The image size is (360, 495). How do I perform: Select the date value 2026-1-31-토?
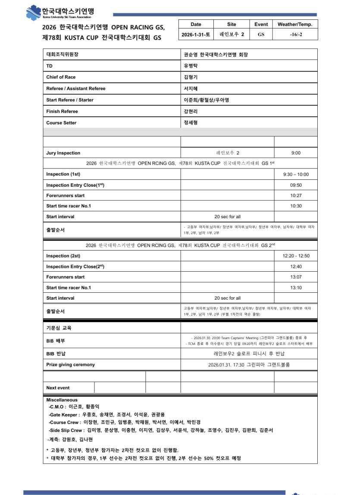tap(195, 34)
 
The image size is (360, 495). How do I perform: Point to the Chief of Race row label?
tap(61, 77)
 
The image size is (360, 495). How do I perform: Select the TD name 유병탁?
tap(190, 66)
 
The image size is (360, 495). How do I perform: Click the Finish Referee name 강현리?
tap(190, 111)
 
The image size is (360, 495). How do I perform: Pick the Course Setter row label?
tap(61, 123)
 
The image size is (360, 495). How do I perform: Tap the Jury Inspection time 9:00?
tap(296, 153)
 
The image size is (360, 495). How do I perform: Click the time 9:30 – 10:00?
tap(296, 175)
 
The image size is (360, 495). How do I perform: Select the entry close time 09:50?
tap(296, 185)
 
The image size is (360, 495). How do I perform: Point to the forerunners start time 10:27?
tap(296, 196)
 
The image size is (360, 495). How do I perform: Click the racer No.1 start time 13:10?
tap(296, 288)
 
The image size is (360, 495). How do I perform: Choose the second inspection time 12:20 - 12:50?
tap(296, 256)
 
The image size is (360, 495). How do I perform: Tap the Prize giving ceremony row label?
tap(70, 365)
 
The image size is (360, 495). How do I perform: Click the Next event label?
tap(58, 388)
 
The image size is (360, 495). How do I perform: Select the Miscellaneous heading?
tap(62, 400)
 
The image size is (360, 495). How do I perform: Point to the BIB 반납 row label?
tap(56, 354)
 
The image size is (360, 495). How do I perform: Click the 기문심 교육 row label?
tap(59, 328)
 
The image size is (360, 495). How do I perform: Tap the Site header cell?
tap(232, 25)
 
